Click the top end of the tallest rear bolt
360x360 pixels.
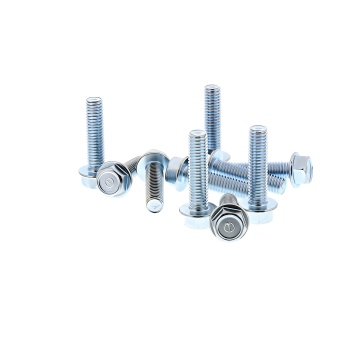212,88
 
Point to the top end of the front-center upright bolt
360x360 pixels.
197,133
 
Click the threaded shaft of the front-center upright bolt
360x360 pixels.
197,165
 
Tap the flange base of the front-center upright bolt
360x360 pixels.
194,208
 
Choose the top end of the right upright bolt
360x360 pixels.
258,128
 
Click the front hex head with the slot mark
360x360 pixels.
229,229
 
